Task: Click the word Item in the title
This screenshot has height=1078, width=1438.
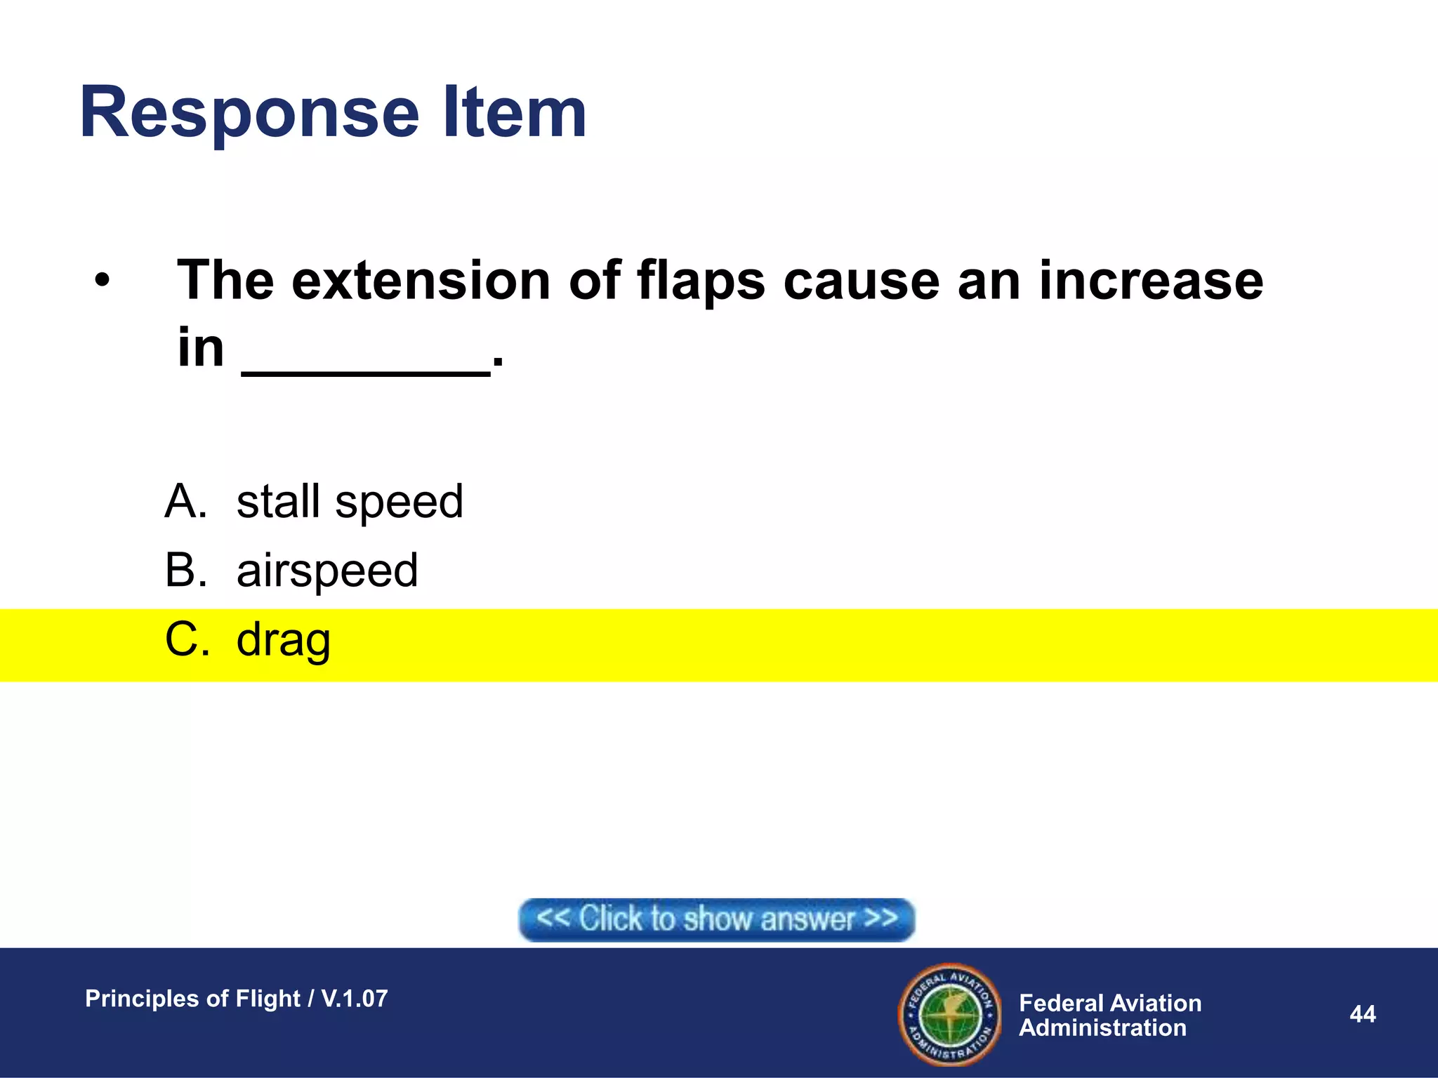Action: tap(515, 112)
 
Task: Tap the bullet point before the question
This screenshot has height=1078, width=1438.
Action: tap(103, 281)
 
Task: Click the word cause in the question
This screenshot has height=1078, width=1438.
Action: tap(861, 281)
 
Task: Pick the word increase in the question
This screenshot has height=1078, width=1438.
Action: tap(1151, 281)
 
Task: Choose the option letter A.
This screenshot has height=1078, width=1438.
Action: tap(185, 502)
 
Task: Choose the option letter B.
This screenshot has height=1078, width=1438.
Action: tap(185, 570)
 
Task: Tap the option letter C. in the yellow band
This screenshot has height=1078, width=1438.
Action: tap(187, 639)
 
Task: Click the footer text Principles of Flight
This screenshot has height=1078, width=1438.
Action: tap(192, 998)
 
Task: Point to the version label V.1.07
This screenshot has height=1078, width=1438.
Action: tap(354, 998)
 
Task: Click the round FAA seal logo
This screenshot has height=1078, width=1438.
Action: tap(949, 1014)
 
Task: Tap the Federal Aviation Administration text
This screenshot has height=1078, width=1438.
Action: tap(1109, 1015)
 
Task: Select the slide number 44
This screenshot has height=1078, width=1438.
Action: tap(1362, 1014)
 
